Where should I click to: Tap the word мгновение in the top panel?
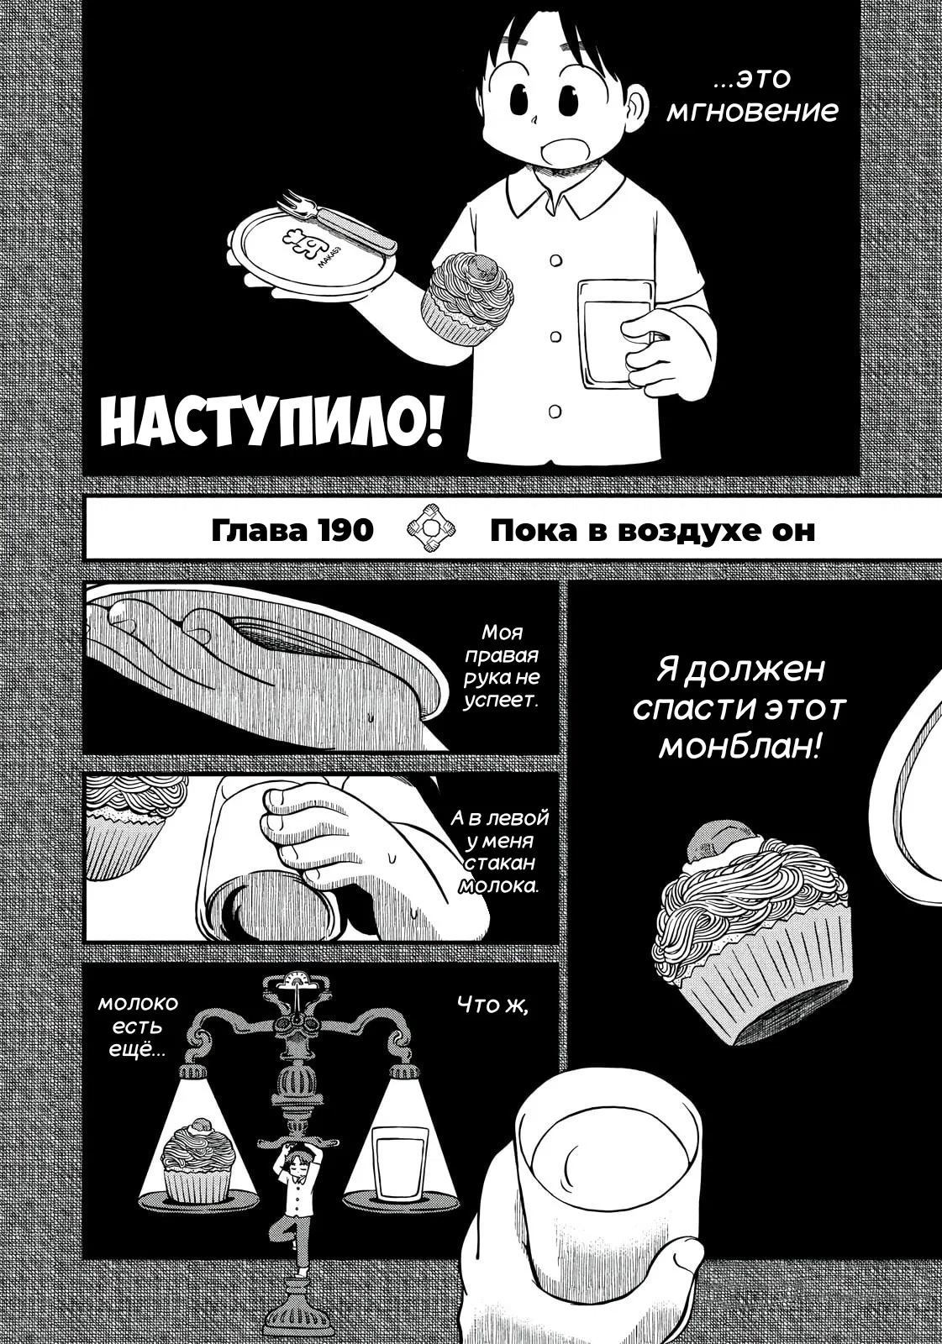(753, 112)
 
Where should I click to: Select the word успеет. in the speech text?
(501, 722)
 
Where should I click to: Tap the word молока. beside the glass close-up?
(497, 885)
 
